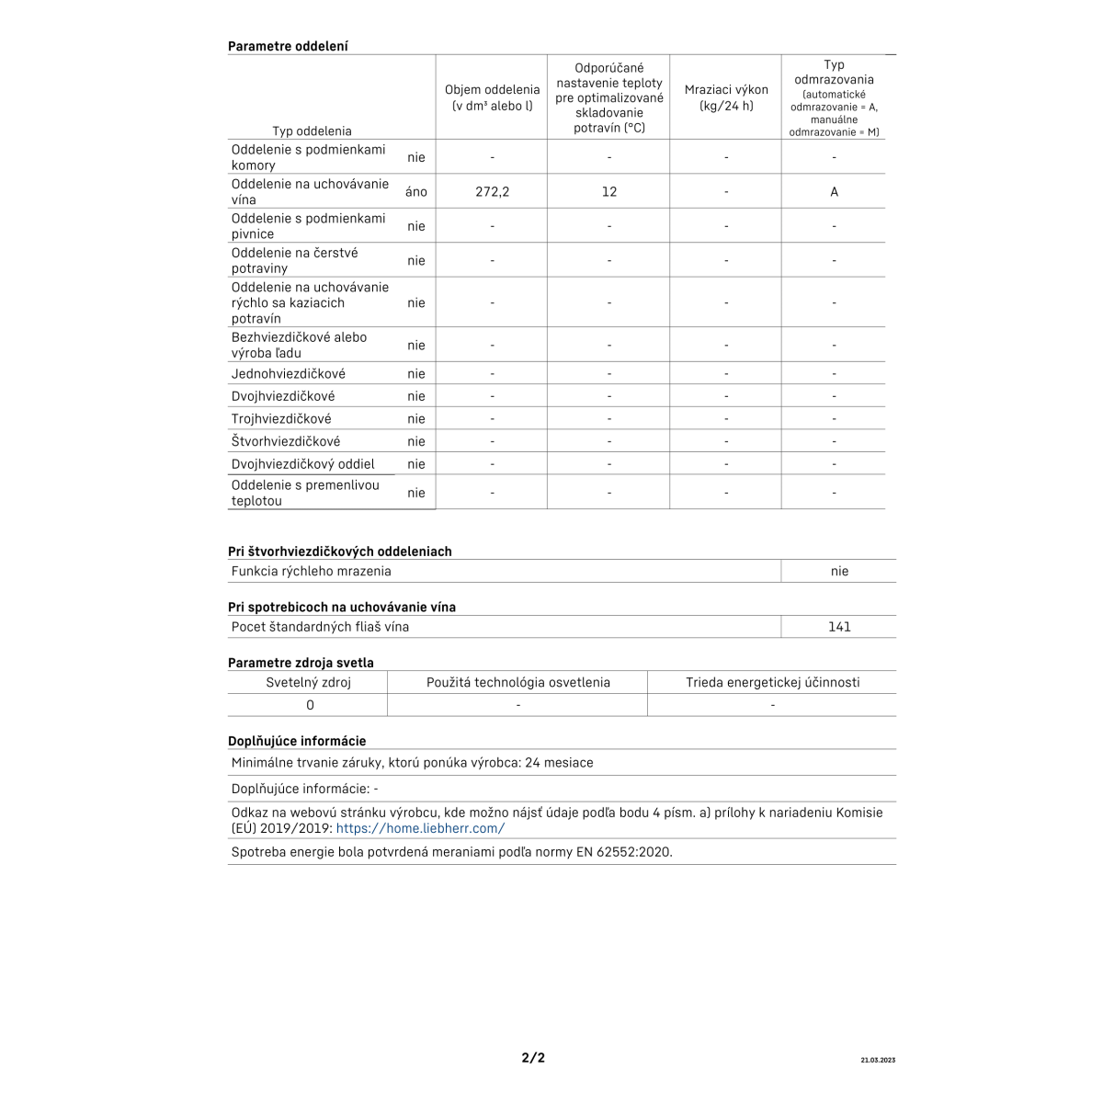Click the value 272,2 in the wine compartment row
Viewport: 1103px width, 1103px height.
[x=493, y=192]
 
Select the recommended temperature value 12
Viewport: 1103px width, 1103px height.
[x=609, y=192]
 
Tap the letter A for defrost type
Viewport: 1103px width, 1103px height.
[x=834, y=192]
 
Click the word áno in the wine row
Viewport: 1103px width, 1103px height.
[x=416, y=192]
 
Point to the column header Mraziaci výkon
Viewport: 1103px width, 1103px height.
[x=726, y=97]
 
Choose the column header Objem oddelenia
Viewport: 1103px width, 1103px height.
[x=493, y=97]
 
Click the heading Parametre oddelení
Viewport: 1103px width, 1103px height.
[x=288, y=46]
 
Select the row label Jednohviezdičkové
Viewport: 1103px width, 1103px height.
[x=289, y=374]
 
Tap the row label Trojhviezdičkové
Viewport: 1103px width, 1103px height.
[x=281, y=419]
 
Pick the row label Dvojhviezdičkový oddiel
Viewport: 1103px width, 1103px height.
[x=303, y=464]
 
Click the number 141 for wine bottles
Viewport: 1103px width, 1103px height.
[x=839, y=627]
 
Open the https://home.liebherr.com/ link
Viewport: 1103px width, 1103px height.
[x=420, y=828]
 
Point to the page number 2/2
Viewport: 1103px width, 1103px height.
[x=533, y=1058]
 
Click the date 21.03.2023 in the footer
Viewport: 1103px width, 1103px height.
[x=878, y=1061]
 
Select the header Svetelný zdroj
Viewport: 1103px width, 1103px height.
[x=308, y=682]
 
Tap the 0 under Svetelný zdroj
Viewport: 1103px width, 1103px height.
[x=310, y=705]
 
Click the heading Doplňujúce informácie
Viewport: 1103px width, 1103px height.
[x=297, y=741]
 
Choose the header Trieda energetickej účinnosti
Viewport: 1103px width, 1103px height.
[x=772, y=682]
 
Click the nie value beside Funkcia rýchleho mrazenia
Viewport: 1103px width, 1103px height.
[x=839, y=571]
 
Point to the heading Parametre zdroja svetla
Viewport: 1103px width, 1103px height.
[x=301, y=663]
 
